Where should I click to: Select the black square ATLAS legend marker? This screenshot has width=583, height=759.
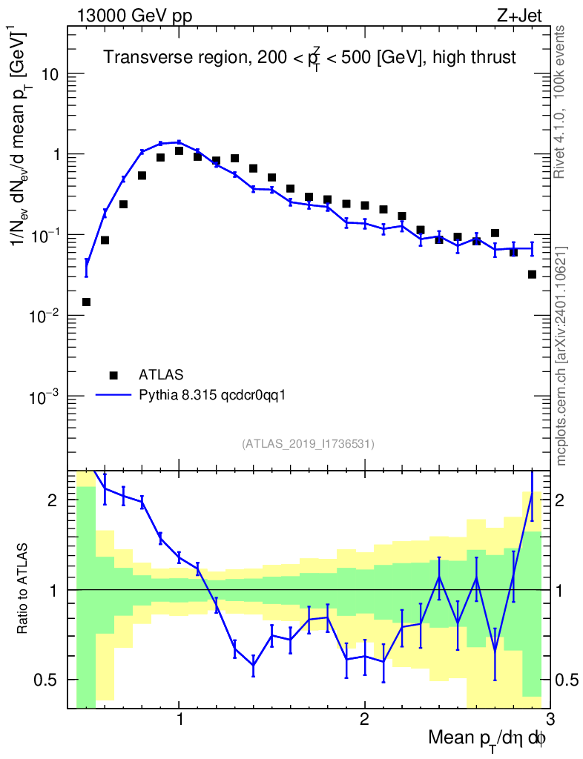click(x=113, y=374)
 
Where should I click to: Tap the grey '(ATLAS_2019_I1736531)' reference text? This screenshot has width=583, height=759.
click(x=308, y=444)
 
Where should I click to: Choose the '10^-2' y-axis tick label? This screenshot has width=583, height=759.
click(x=46, y=316)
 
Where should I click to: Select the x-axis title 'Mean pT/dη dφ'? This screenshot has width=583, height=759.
click(x=487, y=739)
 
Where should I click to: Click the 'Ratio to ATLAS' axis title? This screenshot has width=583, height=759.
click(x=24, y=589)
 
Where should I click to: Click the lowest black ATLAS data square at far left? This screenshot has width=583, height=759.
click(x=86, y=302)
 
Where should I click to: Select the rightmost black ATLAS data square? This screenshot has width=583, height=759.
click(x=532, y=274)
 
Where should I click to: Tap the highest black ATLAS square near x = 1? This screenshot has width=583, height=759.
click(x=179, y=150)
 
